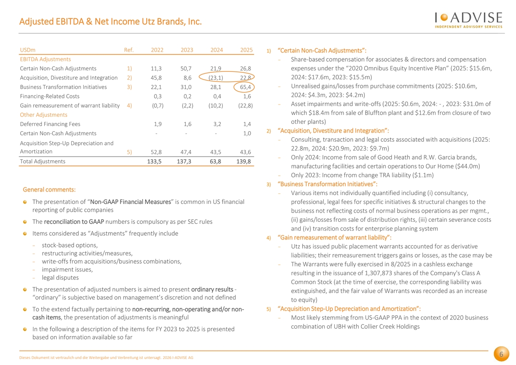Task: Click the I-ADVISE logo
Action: (469, 20)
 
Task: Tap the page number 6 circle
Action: (501, 354)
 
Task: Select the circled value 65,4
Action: (245, 87)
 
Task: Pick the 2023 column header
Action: (187, 50)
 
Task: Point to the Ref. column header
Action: (129, 50)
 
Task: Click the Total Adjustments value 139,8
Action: (244, 162)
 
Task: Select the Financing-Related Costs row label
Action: (50, 96)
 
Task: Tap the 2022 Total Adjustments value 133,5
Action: (155, 162)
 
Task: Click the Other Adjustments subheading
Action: (43, 115)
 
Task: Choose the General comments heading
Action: (49, 190)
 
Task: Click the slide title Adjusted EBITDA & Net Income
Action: (110, 22)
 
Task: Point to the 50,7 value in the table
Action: (186, 69)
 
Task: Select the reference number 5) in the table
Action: (129, 152)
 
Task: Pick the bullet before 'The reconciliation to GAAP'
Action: (25, 222)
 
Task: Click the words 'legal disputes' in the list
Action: (60, 278)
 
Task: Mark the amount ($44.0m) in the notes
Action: (468, 166)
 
